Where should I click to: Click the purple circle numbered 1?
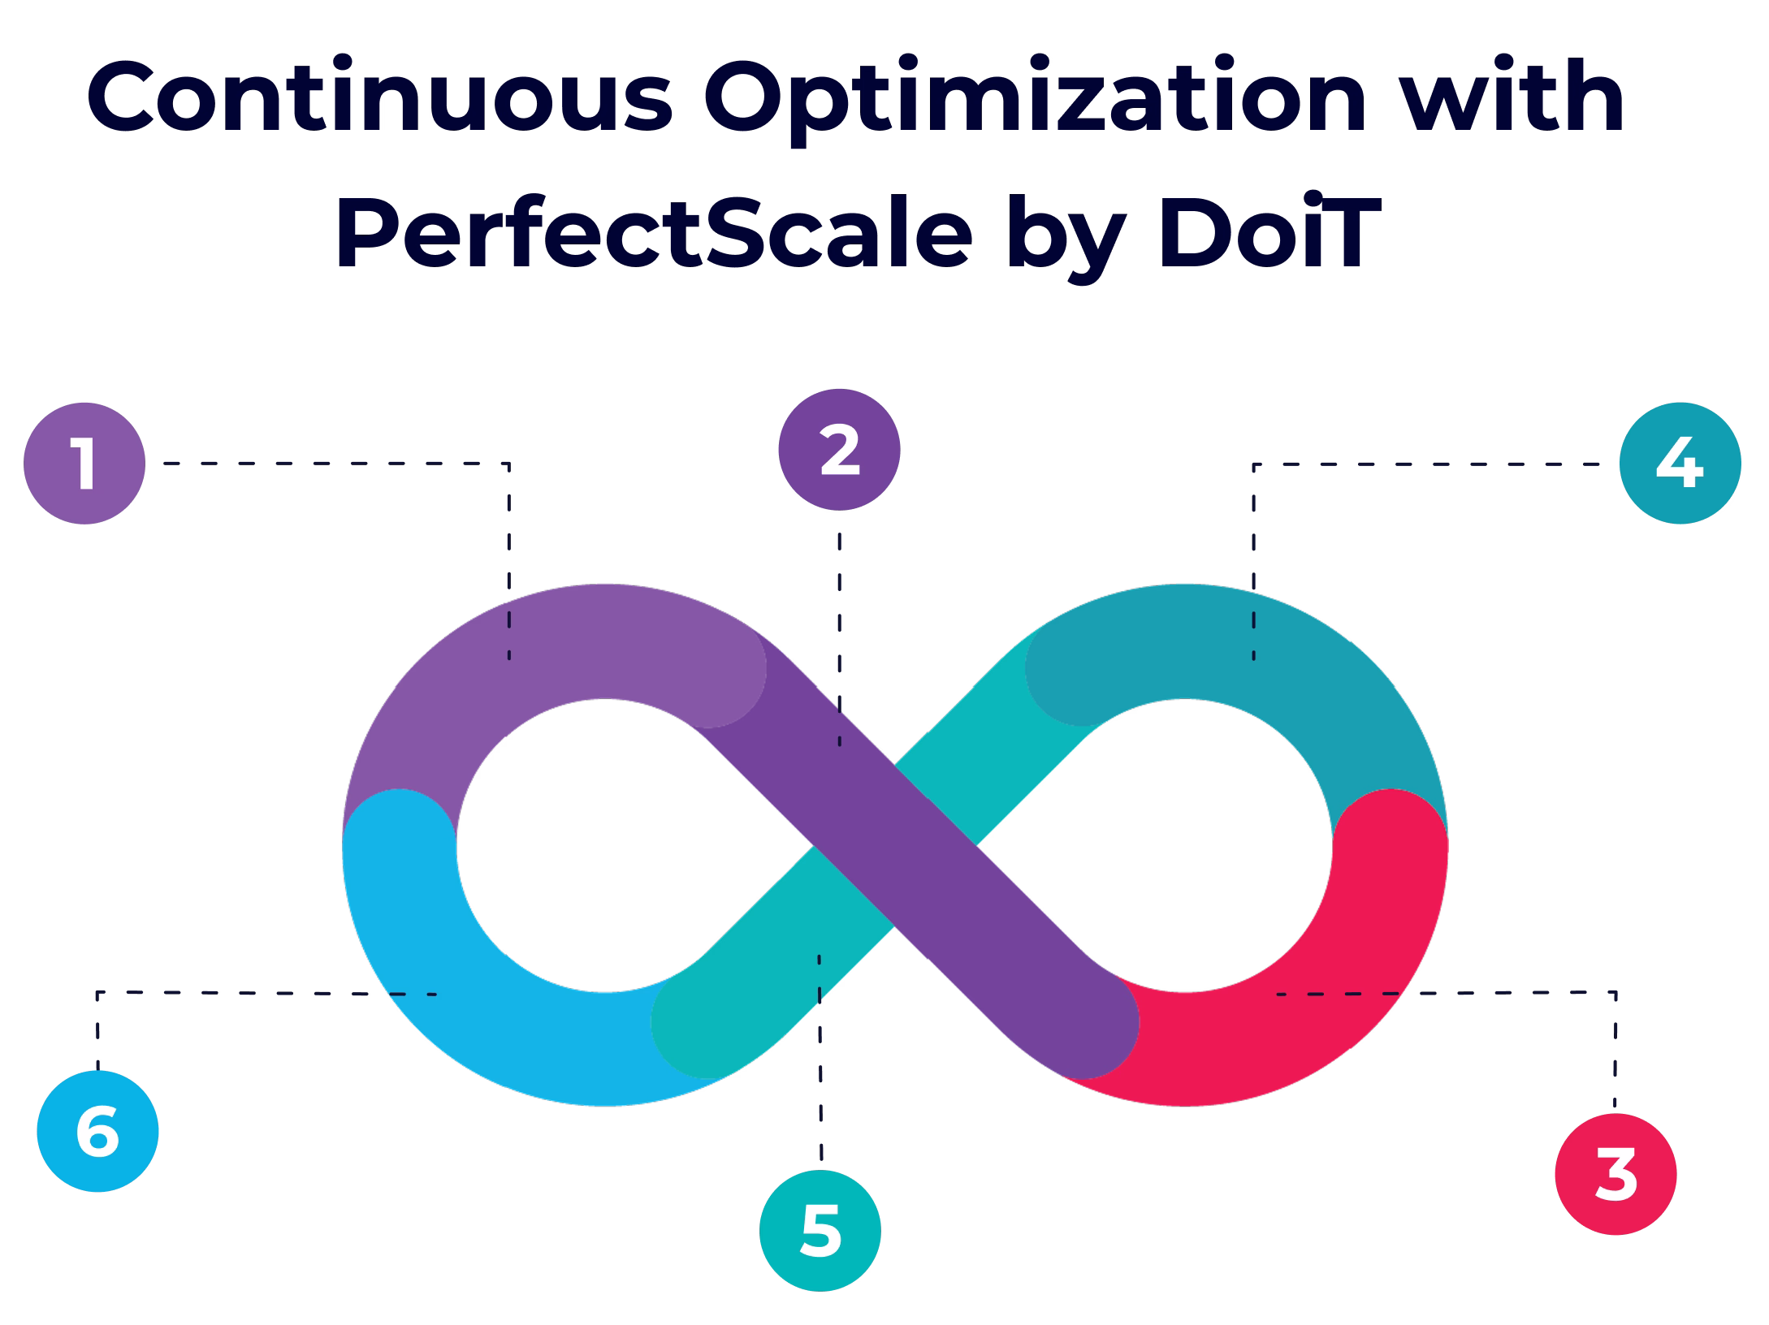(84, 464)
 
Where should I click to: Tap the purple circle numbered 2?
(839, 450)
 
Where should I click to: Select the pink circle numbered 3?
(1615, 1174)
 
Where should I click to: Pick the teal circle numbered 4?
(1680, 464)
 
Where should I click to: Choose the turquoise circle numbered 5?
(820, 1230)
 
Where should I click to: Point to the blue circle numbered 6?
(97, 1132)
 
